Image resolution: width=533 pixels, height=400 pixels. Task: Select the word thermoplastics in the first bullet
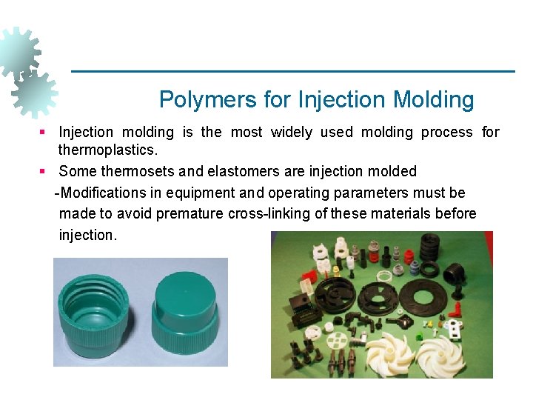(108, 150)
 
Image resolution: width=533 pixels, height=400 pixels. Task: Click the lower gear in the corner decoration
(34, 94)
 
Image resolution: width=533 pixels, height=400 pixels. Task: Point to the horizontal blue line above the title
(292, 71)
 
